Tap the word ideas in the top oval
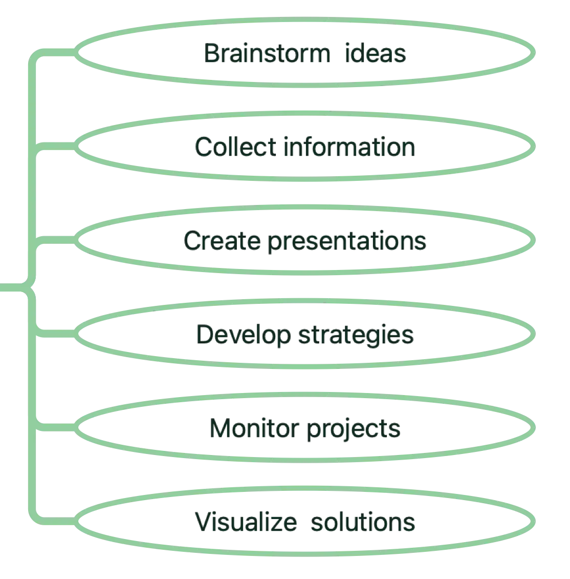tap(375, 54)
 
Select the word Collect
tap(235, 148)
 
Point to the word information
tap(350, 148)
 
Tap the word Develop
tap(242, 335)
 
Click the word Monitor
tap(253, 428)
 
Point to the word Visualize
tap(246, 523)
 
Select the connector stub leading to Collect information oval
tap(56, 146)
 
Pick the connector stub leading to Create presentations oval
tap(56, 240)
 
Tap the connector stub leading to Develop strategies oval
tap(56, 334)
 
